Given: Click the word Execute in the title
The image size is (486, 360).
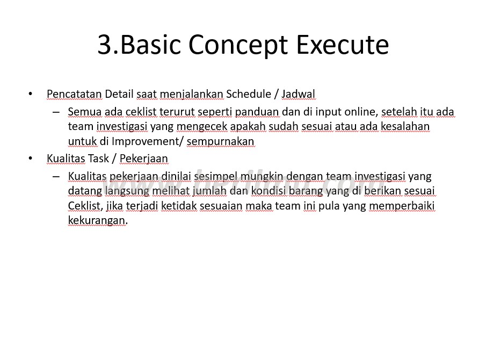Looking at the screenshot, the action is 343,45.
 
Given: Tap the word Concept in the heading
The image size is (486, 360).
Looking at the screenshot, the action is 238,45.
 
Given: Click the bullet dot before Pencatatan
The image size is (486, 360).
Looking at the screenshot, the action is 30,93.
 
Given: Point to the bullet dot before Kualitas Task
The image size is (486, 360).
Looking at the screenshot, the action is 30,158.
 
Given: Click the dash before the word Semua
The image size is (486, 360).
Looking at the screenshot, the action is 56,112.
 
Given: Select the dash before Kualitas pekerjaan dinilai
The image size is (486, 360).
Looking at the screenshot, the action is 56,176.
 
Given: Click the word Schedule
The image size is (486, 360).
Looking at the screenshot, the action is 249,93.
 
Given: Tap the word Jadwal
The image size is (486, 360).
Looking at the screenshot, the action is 298,93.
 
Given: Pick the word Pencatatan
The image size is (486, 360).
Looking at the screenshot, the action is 75,93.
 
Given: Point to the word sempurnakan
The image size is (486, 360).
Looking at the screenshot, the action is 220,142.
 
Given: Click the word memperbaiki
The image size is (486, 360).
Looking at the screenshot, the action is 402,206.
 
